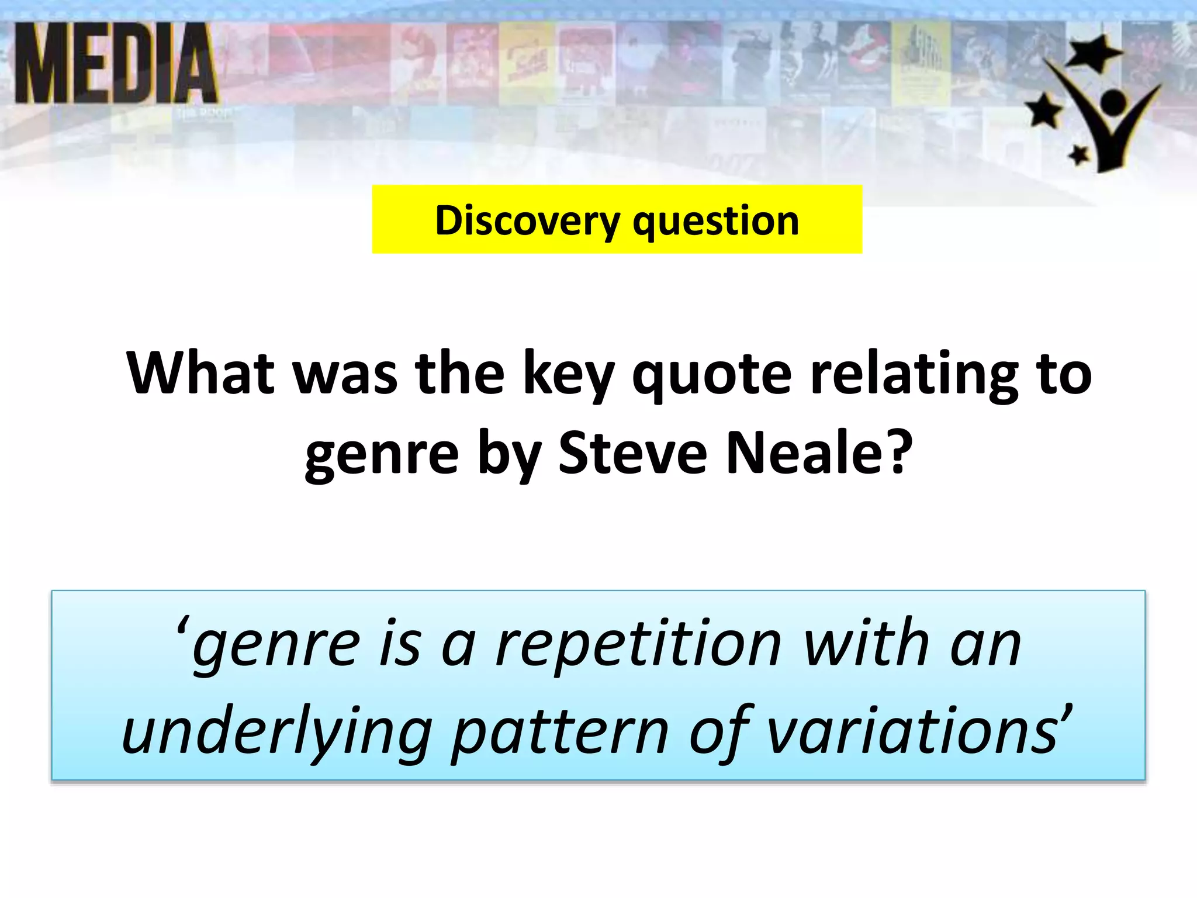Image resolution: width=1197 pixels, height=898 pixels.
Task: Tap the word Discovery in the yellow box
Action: click(x=527, y=221)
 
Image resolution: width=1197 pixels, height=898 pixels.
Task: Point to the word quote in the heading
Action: click(x=712, y=374)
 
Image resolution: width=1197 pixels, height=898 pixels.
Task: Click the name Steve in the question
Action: click(x=632, y=453)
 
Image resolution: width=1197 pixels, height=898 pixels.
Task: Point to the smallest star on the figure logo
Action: click(x=1078, y=155)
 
